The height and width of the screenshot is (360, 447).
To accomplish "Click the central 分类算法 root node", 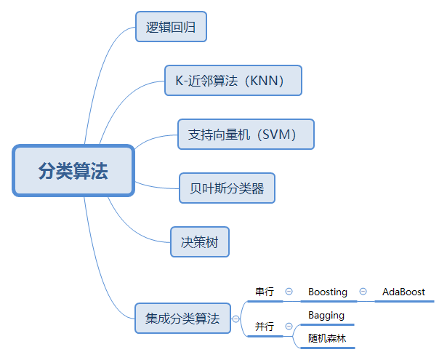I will [x=73, y=171].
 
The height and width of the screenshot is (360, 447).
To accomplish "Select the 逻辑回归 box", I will [x=172, y=28].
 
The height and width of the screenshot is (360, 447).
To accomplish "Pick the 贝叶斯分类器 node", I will [x=227, y=188].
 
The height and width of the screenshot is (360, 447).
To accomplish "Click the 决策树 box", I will [x=200, y=241].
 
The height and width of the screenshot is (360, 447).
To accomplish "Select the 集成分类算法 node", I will [x=182, y=318].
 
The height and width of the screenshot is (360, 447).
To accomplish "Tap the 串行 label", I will [x=265, y=292].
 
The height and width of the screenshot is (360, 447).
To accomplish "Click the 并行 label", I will [x=265, y=327].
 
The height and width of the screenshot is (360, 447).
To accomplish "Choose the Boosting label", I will [x=327, y=292].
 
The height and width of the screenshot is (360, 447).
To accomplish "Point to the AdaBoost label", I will [x=403, y=292].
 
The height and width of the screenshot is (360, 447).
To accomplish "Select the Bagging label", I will [x=326, y=315].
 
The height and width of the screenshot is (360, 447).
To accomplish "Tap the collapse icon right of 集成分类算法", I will [x=235, y=319].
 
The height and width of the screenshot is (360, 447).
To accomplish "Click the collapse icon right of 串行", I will [x=289, y=292].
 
